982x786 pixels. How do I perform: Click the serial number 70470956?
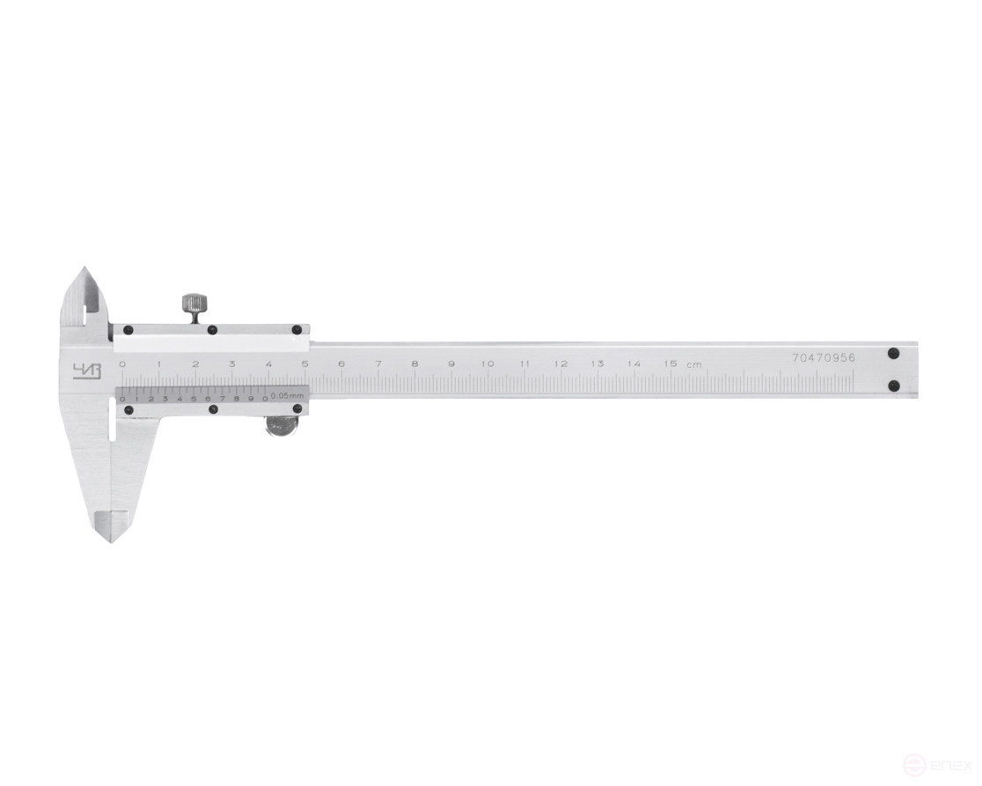824,358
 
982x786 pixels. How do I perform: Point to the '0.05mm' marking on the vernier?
287,397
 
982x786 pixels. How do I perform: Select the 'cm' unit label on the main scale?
695,365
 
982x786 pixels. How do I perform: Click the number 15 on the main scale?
671,364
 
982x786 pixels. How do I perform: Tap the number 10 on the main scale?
487,364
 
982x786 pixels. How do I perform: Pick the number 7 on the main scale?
377,364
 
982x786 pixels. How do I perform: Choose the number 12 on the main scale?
561,364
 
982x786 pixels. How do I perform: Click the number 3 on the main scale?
231,364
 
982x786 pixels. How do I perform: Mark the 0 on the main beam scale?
122,364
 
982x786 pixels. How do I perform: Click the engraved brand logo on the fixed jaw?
81,371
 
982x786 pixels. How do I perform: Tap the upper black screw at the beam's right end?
893,354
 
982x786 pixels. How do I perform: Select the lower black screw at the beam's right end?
893,385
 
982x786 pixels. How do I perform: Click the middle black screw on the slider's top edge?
212,330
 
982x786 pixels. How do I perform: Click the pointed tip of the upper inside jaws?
84,268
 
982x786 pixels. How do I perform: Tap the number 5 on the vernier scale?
194,399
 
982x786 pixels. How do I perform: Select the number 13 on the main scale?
597,364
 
